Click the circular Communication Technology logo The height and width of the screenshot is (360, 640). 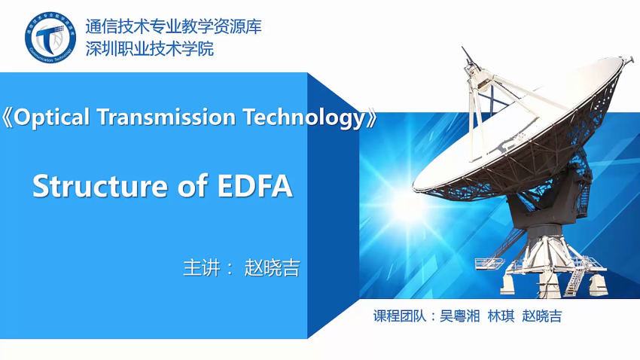point(50,37)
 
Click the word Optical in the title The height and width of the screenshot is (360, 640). point(51,117)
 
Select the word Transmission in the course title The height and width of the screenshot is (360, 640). point(166,117)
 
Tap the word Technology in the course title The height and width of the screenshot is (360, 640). point(304,118)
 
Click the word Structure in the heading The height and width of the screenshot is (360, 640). point(100,186)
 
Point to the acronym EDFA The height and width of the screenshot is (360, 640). point(255,186)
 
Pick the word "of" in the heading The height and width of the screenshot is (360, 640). point(193,186)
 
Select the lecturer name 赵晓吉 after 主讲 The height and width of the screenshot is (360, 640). point(273,268)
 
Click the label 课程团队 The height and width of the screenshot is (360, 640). point(400,316)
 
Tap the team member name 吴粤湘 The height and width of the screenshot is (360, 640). point(459,316)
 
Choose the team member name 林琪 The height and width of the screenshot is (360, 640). point(501,316)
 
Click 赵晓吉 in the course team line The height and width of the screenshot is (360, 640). point(542,316)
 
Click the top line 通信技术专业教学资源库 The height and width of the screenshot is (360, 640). point(173,26)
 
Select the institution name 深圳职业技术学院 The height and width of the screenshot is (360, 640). point(149,49)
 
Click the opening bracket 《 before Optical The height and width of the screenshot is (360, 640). point(8,117)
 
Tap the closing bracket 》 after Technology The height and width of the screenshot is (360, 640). point(371,118)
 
